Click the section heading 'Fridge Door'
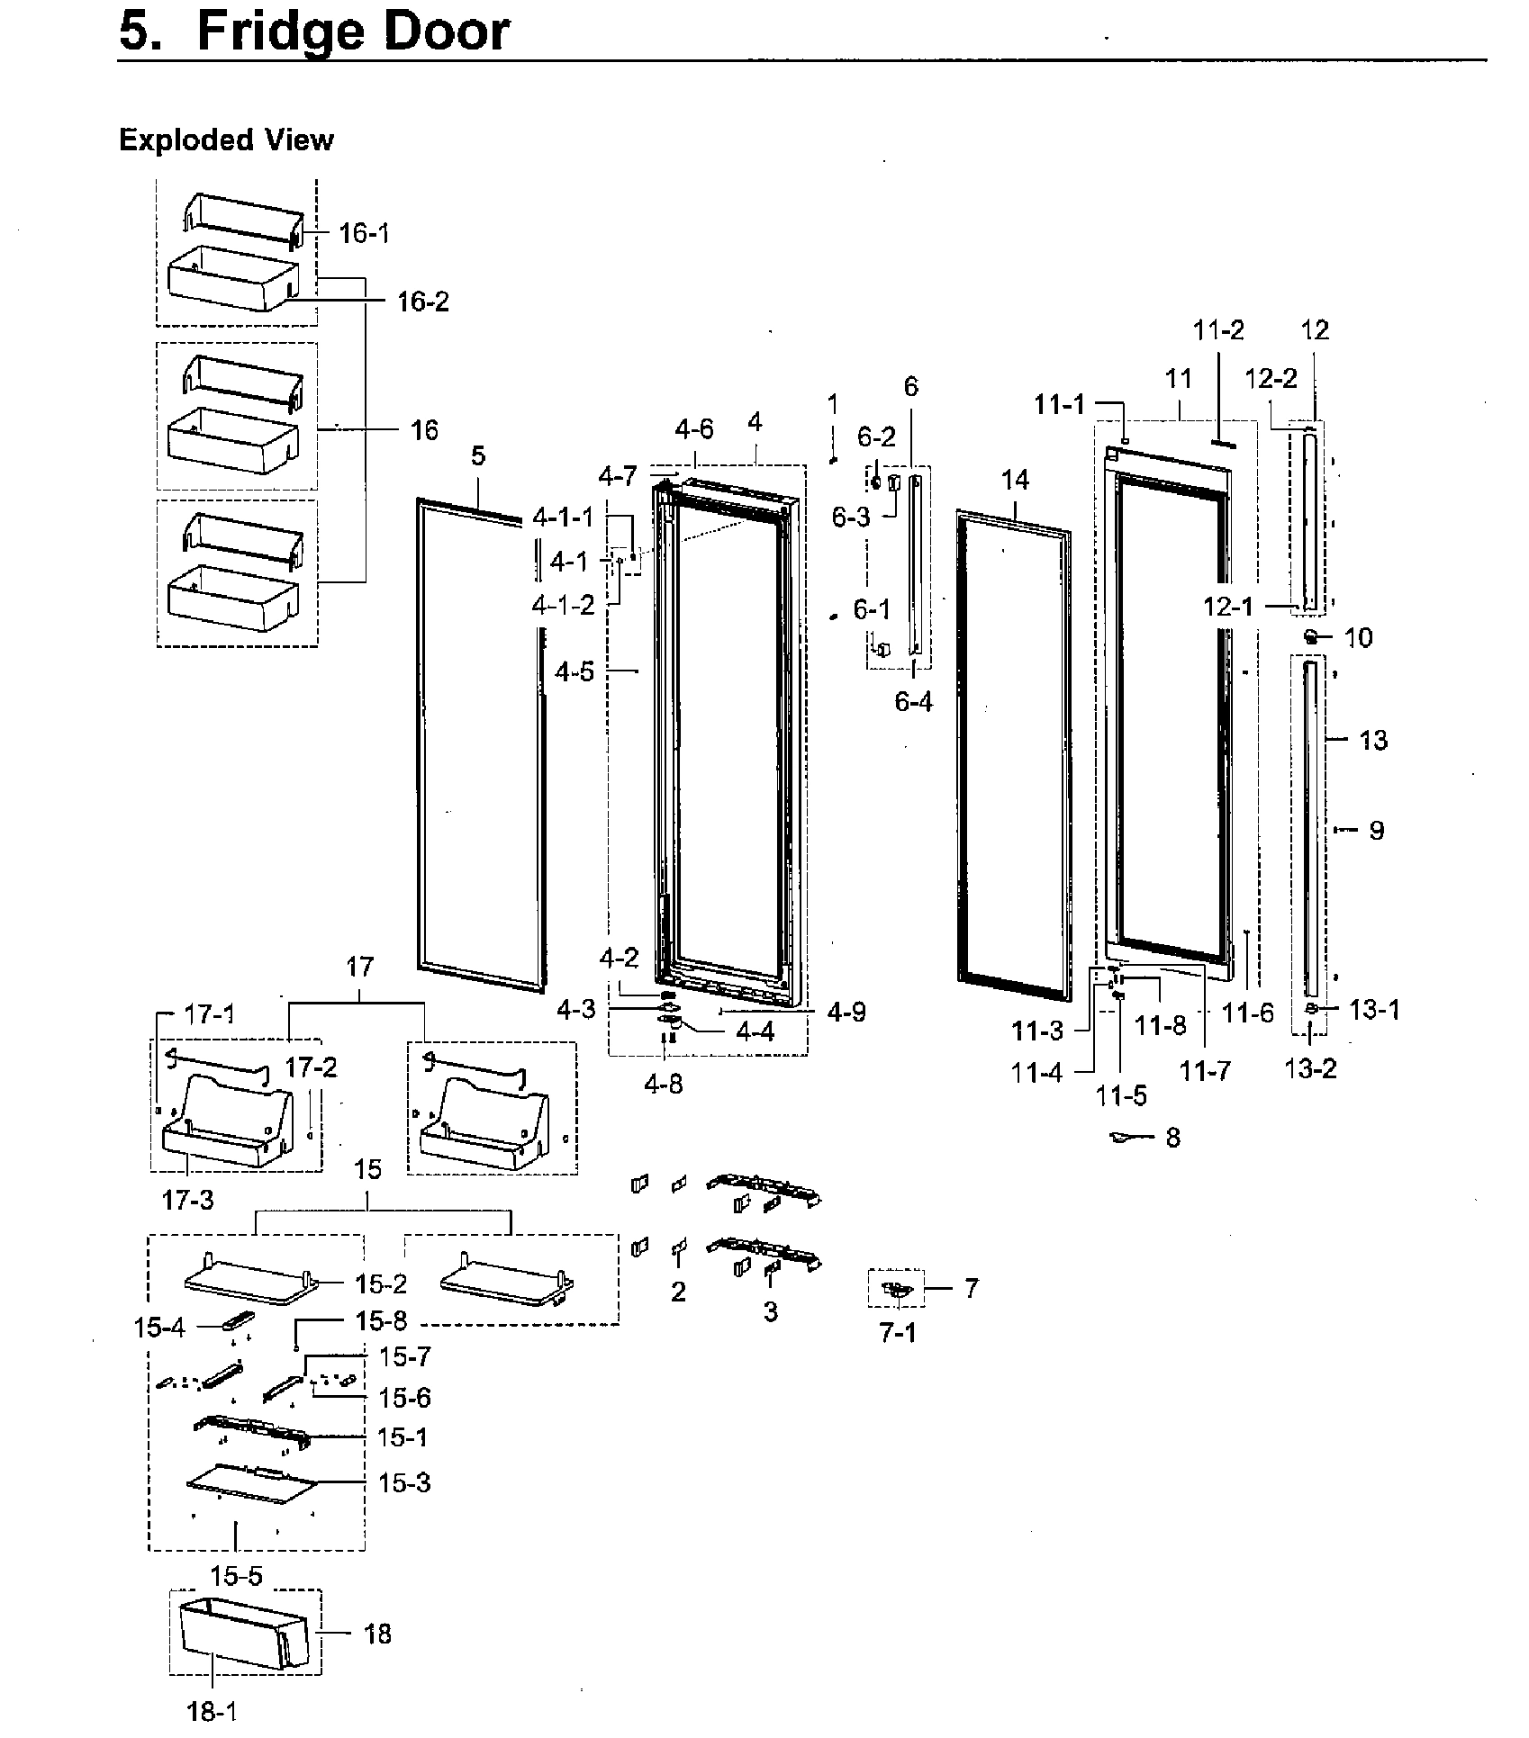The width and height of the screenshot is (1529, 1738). click(352, 32)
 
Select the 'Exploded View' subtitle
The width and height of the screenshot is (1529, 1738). click(226, 140)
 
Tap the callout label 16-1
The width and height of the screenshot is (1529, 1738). click(364, 234)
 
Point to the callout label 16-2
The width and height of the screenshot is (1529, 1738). click(422, 302)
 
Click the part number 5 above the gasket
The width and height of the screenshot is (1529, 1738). click(477, 456)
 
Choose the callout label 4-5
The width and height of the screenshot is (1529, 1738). click(575, 671)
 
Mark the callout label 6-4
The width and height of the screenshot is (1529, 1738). click(913, 702)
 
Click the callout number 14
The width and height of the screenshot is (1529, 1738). click(1015, 481)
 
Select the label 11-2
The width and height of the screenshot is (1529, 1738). click(1218, 331)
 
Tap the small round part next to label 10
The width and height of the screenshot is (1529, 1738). click(1312, 637)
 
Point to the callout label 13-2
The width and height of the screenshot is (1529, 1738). click(1310, 1068)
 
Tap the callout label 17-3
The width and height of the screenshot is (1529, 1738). click(188, 1200)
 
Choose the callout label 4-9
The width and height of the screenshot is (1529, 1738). click(846, 1013)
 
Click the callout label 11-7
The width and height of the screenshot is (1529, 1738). click(1206, 1071)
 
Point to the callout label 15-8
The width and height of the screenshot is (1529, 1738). click(381, 1321)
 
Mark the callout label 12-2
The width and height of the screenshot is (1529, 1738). click(1271, 379)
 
